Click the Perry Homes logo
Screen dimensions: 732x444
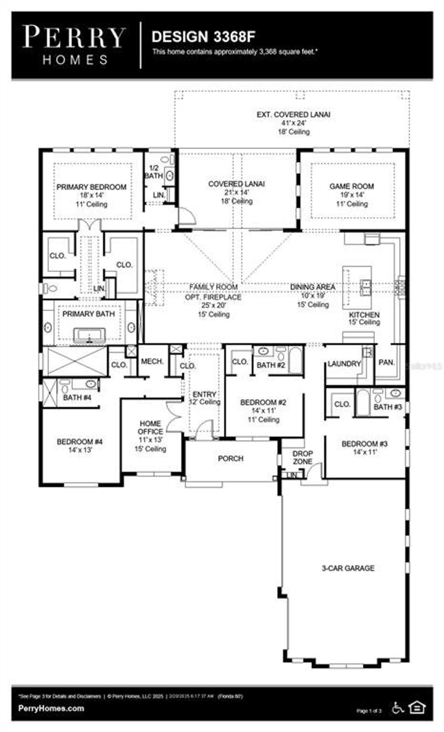[x=74, y=45]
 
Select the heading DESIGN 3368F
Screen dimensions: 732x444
[x=204, y=37]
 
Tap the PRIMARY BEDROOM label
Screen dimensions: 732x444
[x=92, y=187]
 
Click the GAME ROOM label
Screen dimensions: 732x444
[x=351, y=186]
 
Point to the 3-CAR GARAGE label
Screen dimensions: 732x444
[x=348, y=568]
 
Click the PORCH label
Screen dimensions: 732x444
[x=231, y=459]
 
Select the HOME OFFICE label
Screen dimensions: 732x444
[x=150, y=428]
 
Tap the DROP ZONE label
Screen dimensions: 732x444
[x=302, y=458]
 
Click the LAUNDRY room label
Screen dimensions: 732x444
[x=344, y=364]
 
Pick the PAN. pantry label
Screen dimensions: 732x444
[x=387, y=362]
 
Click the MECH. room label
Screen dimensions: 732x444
[x=152, y=361]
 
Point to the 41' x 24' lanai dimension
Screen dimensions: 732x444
[x=293, y=123]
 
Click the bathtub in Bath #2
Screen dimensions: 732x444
[x=296, y=361]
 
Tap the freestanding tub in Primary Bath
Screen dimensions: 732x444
[x=89, y=336]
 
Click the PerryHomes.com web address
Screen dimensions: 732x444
[x=51, y=708]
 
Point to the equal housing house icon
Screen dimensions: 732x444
[x=417, y=707]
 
